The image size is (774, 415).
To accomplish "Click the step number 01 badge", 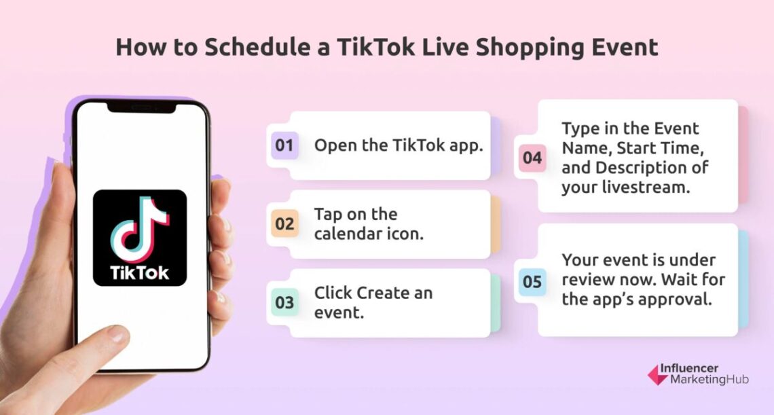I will tap(284, 145).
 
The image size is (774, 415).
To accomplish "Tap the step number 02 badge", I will tap(284, 223).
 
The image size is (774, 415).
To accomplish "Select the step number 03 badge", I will tap(284, 302).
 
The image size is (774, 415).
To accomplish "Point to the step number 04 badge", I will tap(532, 158).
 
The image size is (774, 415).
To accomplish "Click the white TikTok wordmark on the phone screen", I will tap(140, 273).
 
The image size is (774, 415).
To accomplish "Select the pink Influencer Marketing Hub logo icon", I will tap(655, 374).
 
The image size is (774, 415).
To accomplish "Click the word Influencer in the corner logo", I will tap(696, 369).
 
